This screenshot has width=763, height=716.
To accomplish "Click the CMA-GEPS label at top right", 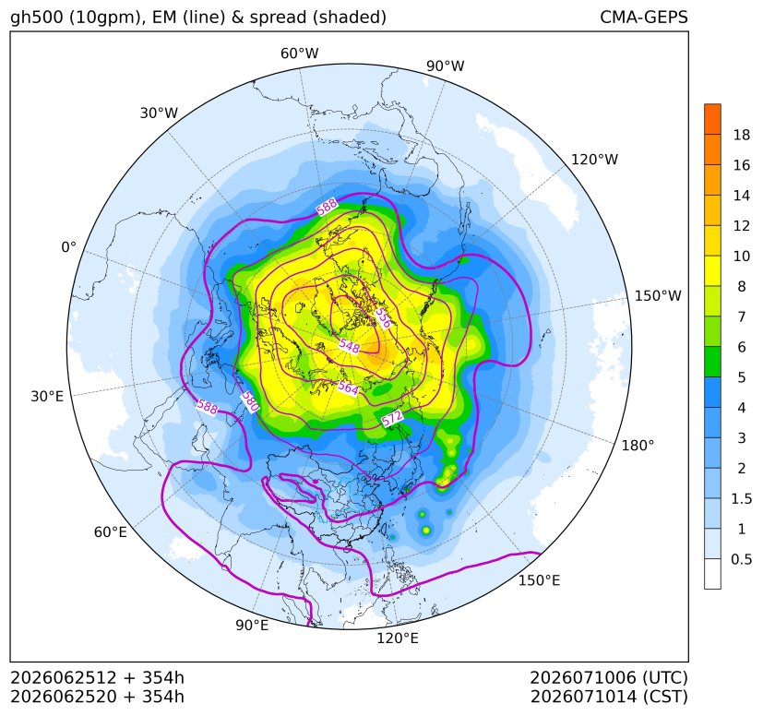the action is tap(644, 17).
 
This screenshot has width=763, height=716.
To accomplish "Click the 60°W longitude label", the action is tap(299, 54).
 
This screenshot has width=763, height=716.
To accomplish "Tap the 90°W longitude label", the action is tap(446, 66).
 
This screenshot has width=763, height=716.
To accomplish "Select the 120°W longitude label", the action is tap(594, 160).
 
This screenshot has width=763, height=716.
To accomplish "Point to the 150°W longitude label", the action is tap(658, 295).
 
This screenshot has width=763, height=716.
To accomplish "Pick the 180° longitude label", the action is tap(638, 446).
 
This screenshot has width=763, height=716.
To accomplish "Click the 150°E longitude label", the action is tap(539, 580).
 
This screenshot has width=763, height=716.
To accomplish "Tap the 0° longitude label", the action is tap(68, 247).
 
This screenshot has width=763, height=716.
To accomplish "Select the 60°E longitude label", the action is tap(111, 532).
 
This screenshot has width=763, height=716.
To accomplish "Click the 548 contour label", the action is tap(350, 346).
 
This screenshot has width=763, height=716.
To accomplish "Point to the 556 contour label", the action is tap(383, 317).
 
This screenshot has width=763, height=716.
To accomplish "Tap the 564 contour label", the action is tap(348, 388).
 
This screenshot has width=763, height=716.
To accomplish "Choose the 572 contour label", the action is tap(392, 418).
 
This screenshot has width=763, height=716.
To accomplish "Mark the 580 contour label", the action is tap(250, 401).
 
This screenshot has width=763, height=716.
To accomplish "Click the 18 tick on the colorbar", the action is tap(741, 135).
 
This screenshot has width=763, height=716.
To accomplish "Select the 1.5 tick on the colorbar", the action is tap(741, 498).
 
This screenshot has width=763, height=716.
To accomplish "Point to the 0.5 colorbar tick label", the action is tap(741, 559).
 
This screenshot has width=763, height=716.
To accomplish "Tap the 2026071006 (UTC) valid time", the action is tap(609, 677).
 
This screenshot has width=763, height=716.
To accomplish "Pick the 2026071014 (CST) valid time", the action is tap(609, 697).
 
